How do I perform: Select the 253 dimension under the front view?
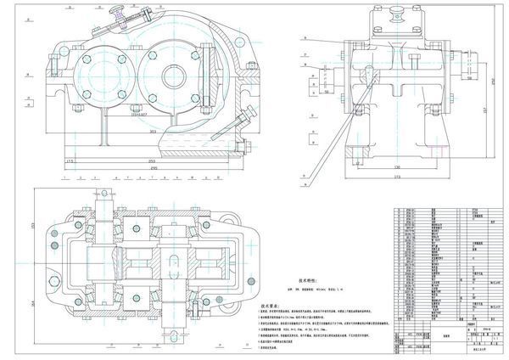pyautogui.click(x=153, y=160)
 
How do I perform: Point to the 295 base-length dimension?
pyautogui.click(x=153, y=168)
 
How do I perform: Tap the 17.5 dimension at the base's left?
pyautogui.click(x=71, y=160)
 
